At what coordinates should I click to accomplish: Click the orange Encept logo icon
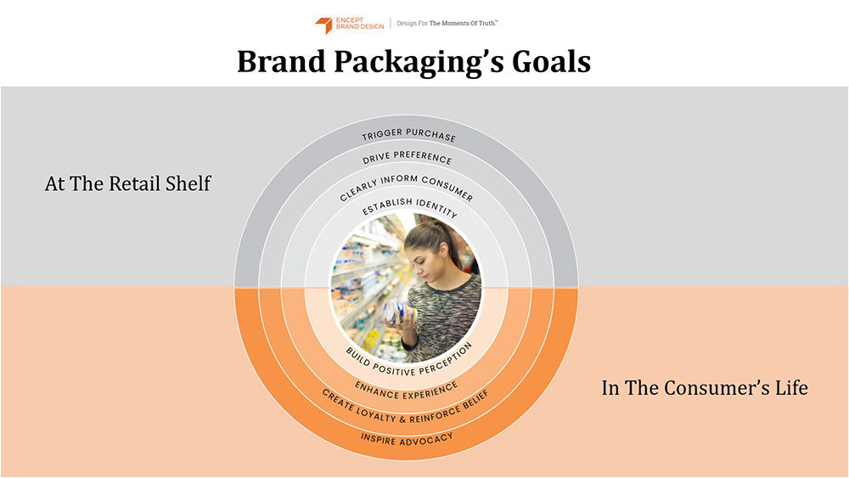click(323, 25)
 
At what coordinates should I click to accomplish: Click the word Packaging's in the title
click(419, 62)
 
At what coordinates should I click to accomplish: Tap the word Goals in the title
click(551, 61)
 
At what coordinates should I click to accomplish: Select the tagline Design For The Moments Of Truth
click(447, 23)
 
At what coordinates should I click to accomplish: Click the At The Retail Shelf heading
click(128, 183)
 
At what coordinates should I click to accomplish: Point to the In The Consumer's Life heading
click(705, 388)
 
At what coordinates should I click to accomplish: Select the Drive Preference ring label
click(408, 157)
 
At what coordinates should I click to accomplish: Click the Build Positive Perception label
click(409, 361)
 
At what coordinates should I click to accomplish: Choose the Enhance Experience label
click(407, 391)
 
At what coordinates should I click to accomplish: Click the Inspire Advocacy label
click(407, 439)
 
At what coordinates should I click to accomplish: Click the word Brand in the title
click(282, 61)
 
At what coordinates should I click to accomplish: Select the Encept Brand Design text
click(359, 23)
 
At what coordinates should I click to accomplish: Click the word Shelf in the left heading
click(188, 183)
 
